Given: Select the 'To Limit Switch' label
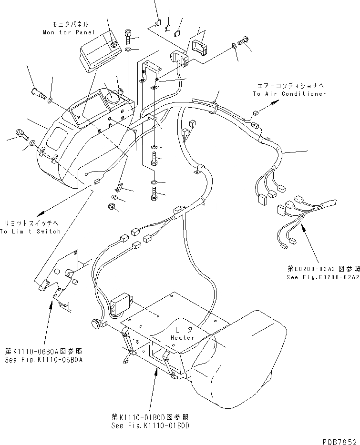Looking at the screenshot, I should pos(31,232).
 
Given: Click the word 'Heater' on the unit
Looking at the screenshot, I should pos(183,338).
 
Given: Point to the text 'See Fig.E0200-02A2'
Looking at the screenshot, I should pos(323,277).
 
